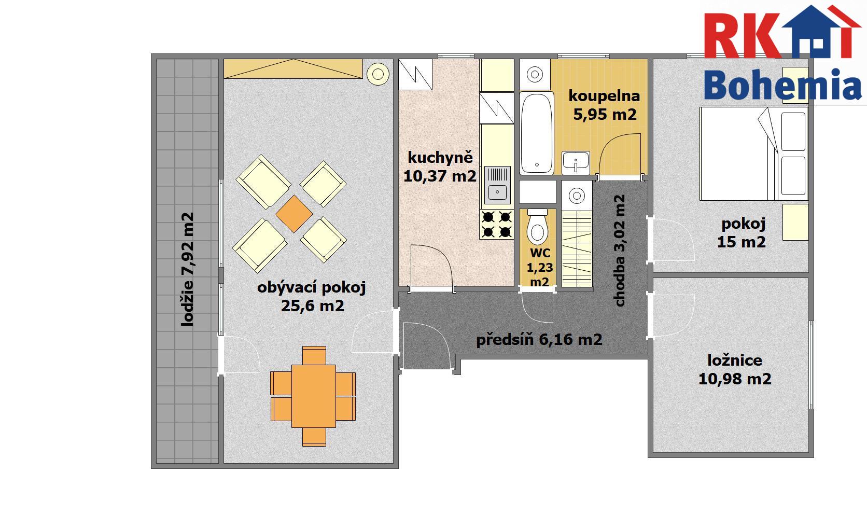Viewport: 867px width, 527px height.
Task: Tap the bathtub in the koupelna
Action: click(x=537, y=133)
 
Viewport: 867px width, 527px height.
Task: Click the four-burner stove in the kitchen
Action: click(x=497, y=224)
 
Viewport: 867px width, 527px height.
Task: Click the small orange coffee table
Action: click(x=294, y=214)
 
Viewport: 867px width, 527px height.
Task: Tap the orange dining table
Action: click(x=314, y=396)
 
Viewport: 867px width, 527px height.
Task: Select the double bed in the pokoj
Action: click(x=753, y=154)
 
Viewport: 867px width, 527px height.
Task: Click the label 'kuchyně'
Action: click(x=440, y=158)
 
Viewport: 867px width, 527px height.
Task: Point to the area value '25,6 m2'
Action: click(x=312, y=306)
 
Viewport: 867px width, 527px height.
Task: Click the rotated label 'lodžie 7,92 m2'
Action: click(x=187, y=269)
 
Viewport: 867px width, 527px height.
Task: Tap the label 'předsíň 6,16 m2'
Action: click(x=539, y=340)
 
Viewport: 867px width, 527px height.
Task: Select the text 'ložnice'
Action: click(x=735, y=360)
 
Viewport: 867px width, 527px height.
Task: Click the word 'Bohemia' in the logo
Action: click(x=782, y=85)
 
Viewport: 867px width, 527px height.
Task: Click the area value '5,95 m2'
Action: click(x=605, y=115)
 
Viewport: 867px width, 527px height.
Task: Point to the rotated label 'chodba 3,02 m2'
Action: click(x=619, y=250)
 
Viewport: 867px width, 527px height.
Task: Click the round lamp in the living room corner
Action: click(x=378, y=74)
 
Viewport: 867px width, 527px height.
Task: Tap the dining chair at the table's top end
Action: click(x=314, y=355)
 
